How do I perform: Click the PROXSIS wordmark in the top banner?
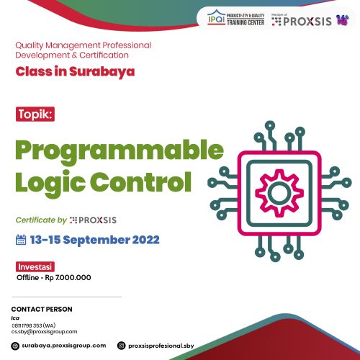point(307,22)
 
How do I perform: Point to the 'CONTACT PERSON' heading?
point(42,310)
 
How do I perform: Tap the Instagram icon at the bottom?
point(121,346)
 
